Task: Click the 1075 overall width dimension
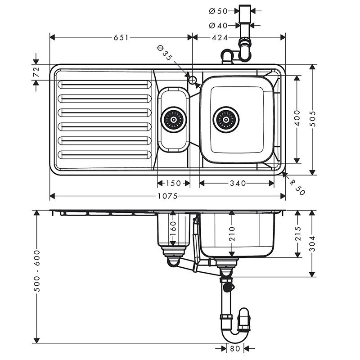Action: pyautogui.click(x=167, y=196)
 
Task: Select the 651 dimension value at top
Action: pyautogui.click(x=121, y=38)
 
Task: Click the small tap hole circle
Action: pyautogui.click(x=193, y=81)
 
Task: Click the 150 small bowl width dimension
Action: pyautogui.click(x=173, y=183)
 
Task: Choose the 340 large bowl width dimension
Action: pyautogui.click(x=237, y=183)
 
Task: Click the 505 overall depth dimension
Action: pyautogui.click(x=314, y=119)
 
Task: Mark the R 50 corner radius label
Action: pyautogui.click(x=297, y=186)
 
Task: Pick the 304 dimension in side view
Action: pyautogui.click(x=314, y=243)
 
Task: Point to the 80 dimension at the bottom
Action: pyautogui.click(x=234, y=348)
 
